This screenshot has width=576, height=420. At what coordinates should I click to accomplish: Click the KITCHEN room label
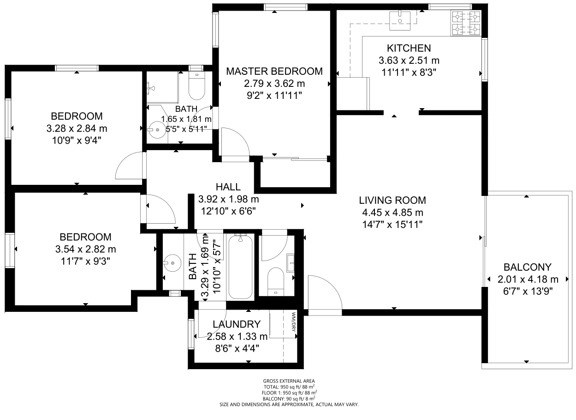coord(409,48)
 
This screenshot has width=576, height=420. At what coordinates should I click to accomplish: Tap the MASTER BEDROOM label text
coord(274,71)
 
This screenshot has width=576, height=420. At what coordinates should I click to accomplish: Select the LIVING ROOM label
coord(392,200)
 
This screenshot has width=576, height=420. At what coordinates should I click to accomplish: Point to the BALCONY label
coord(528,267)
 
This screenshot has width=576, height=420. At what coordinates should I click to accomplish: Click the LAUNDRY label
coord(237,324)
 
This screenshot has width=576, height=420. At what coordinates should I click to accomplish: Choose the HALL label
coord(228,187)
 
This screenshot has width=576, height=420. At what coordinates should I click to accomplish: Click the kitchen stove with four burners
coord(466,23)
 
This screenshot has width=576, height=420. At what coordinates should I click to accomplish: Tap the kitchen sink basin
coord(400,21)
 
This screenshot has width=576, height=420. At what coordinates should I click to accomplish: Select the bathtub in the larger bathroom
coord(240,267)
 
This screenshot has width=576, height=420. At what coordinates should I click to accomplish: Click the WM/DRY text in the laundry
coord(294,322)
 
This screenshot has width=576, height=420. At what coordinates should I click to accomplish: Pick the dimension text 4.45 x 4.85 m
coord(392,213)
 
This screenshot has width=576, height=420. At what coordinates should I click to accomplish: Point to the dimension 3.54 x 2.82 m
coord(85,249)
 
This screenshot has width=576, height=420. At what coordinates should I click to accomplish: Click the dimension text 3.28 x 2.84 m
coord(77,128)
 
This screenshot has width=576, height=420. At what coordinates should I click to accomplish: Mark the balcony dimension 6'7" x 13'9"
coord(528,292)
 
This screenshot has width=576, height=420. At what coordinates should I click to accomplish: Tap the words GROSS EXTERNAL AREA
coord(289,381)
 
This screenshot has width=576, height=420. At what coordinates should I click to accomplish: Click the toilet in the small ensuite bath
coord(197,85)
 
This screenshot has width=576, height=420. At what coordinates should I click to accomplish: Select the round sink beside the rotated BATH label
coord(172,263)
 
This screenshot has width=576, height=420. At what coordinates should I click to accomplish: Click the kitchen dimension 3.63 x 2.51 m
coord(409,61)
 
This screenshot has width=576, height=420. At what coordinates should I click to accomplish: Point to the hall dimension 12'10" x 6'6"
coord(228,211)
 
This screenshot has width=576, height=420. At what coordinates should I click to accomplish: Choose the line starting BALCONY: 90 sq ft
coord(289,399)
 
